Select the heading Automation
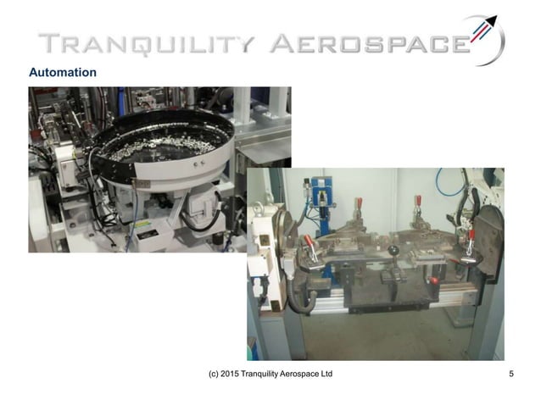pos(63,73)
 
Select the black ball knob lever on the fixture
pos(394,251)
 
